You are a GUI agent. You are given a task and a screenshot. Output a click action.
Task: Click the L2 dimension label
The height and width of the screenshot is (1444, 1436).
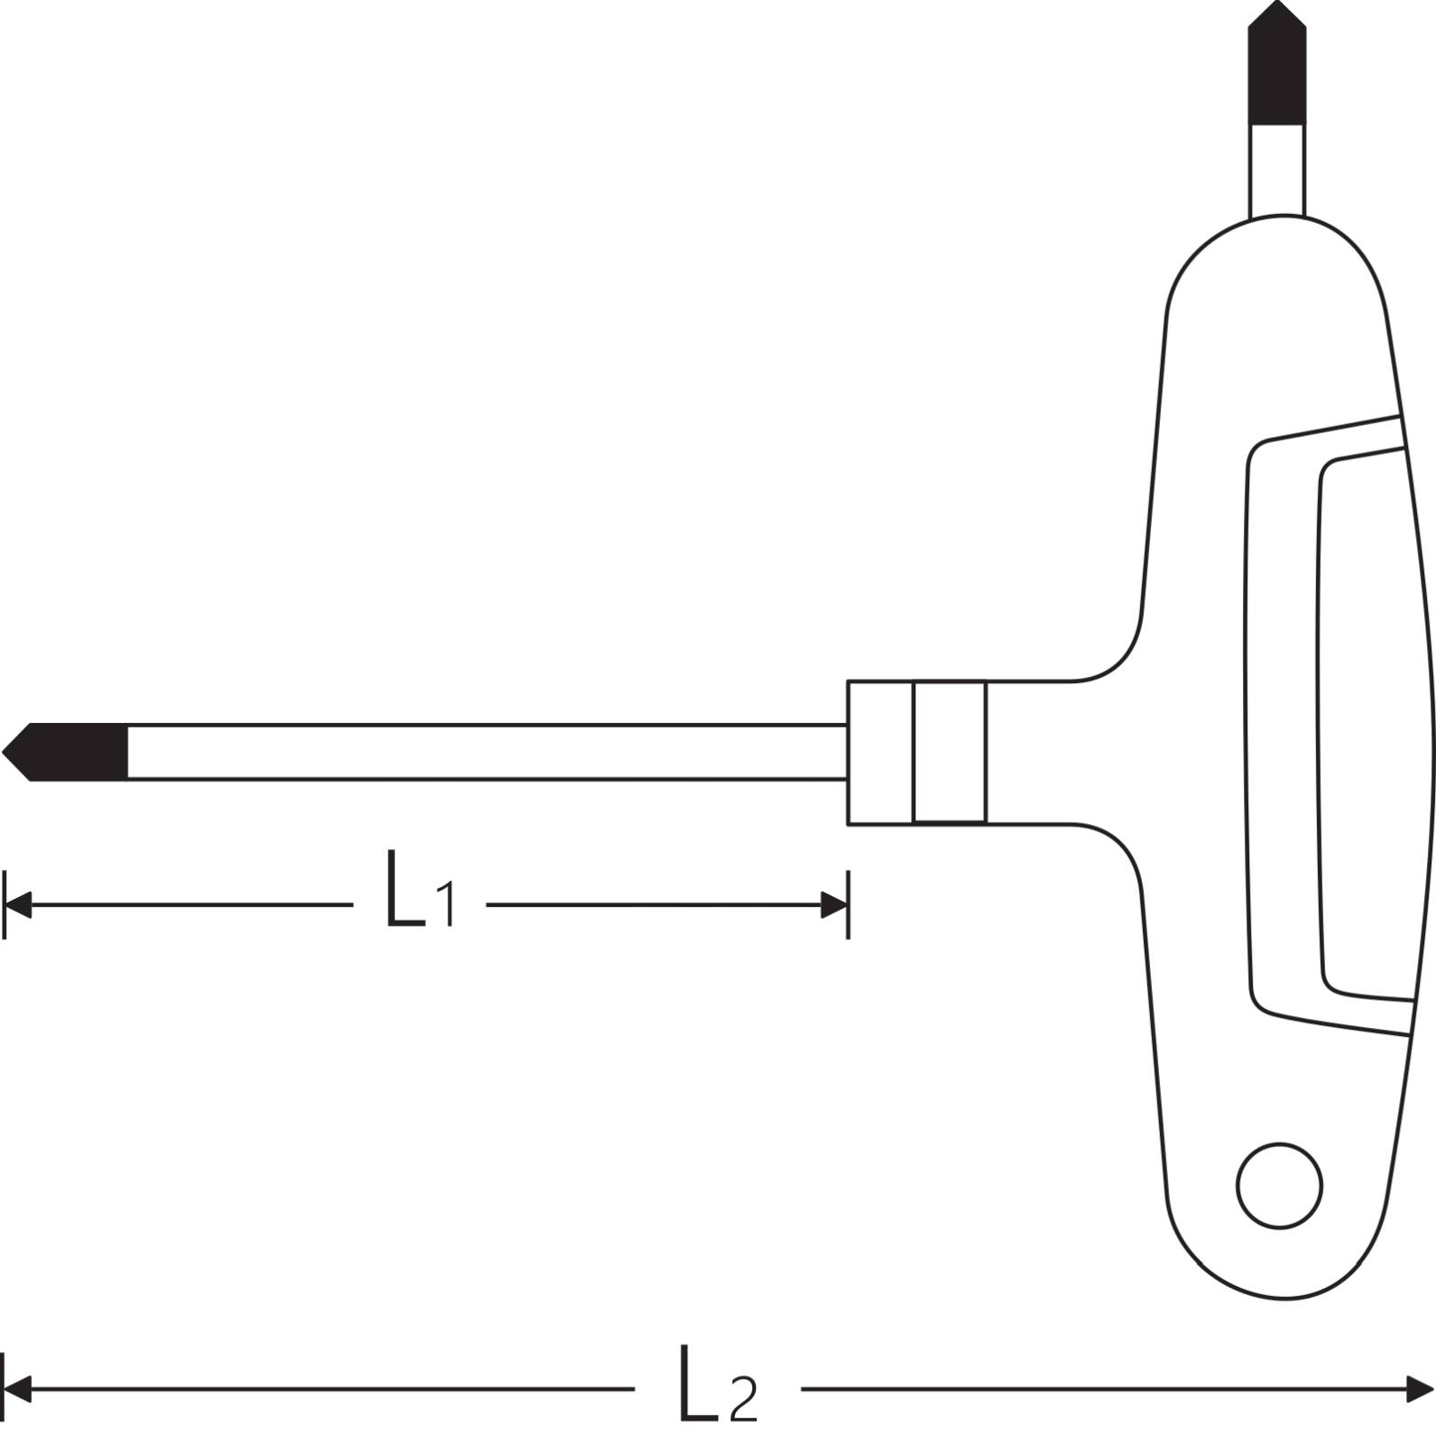(717, 1384)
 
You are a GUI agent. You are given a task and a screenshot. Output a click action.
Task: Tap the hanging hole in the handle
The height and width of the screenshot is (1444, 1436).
(1279, 1186)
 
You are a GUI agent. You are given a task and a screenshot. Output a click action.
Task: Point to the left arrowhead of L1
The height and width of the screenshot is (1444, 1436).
(18, 904)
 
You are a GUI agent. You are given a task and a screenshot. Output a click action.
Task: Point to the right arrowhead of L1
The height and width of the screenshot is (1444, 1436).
(833, 904)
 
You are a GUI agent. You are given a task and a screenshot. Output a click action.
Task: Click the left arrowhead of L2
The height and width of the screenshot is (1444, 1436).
(18, 1388)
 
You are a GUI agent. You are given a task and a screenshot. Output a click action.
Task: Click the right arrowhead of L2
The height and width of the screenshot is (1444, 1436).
(1420, 1388)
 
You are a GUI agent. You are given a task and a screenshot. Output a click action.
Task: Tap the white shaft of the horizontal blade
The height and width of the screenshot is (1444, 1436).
(487, 751)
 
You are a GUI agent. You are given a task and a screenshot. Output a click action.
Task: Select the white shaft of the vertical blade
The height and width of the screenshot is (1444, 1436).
(1276, 170)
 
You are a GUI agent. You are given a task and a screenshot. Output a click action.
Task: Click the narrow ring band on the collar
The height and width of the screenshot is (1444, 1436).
(949, 752)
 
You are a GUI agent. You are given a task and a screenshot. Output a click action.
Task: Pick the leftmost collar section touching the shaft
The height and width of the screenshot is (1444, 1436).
(879, 752)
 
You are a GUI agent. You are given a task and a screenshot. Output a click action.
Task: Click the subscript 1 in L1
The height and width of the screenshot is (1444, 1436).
(446, 905)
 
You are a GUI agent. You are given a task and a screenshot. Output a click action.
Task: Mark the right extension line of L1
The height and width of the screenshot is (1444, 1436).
(848, 904)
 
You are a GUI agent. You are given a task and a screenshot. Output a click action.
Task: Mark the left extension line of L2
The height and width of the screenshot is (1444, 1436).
(5, 1388)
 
